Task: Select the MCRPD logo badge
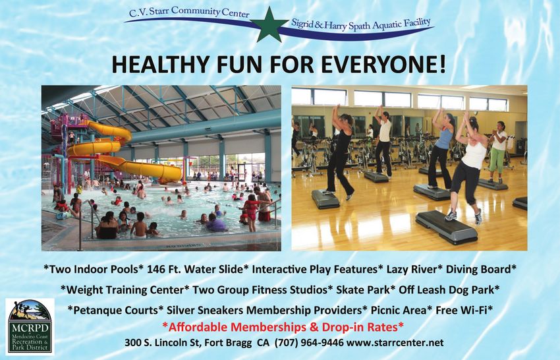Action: (x=30, y=326)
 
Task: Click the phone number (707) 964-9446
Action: (x=309, y=343)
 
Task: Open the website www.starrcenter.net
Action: (x=395, y=343)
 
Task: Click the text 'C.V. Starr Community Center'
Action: (x=189, y=13)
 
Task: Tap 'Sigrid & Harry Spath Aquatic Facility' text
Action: (x=361, y=24)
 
